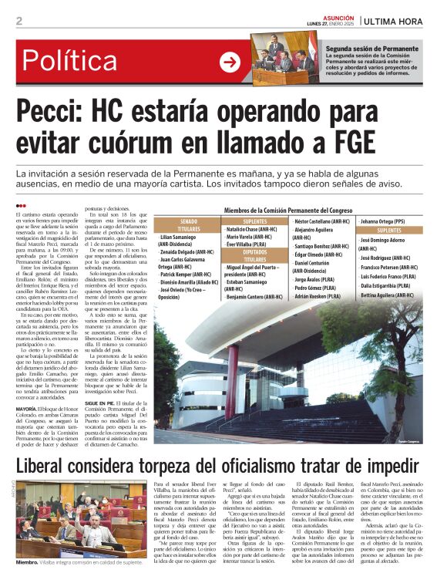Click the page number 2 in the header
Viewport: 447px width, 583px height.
click(x=18, y=21)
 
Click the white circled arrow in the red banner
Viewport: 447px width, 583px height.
click(x=230, y=62)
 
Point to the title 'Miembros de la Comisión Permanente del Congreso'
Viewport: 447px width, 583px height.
click(x=288, y=210)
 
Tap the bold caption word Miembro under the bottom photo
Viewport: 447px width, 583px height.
click(x=29, y=564)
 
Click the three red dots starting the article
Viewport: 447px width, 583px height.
click(x=21, y=204)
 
